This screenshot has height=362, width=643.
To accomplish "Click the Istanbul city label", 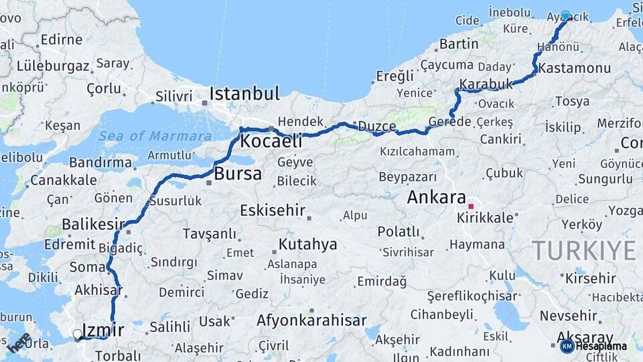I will click(x=244, y=93).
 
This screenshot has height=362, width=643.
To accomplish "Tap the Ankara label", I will click(x=436, y=197).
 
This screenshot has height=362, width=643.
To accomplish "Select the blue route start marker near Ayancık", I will click(x=565, y=15).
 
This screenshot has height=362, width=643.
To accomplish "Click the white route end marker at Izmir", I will click(x=78, y=333).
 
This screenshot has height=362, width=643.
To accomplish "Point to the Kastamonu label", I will click(x=574, y=68).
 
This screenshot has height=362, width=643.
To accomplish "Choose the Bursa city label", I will click(x=238, y=175).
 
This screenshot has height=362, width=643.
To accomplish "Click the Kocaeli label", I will click(x=271, y=141).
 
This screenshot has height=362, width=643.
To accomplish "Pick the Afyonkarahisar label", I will click(x=311, y=320).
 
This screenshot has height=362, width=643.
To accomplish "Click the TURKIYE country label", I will click(x=583, y=250).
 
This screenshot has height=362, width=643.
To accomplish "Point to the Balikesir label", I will click(x=93, y=224).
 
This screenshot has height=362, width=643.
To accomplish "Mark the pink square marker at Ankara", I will click(x=472, y=206).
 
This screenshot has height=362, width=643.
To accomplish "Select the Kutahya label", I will click(x=307, y=244).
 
